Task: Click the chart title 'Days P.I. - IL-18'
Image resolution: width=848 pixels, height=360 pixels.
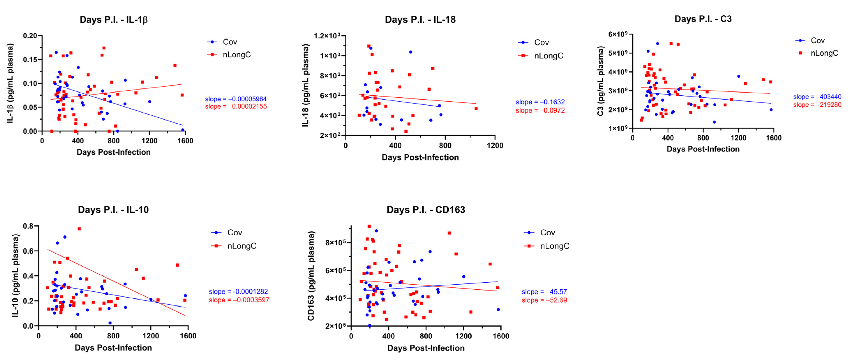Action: (x=420, y=20)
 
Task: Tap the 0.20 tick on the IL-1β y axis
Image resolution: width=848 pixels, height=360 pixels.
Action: (x=30, y=36)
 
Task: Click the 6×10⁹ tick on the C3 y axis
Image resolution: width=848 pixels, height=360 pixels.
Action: (x=618, y=34)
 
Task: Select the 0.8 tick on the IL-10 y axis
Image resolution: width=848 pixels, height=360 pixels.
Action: (x=28, y=226)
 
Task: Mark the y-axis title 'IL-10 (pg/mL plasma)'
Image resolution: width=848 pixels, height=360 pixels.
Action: (x=15, y=276)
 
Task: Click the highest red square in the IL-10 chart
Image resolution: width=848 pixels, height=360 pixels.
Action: (x=79, y=229)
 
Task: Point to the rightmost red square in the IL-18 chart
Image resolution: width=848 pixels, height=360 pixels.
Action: (x=476, y=109)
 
